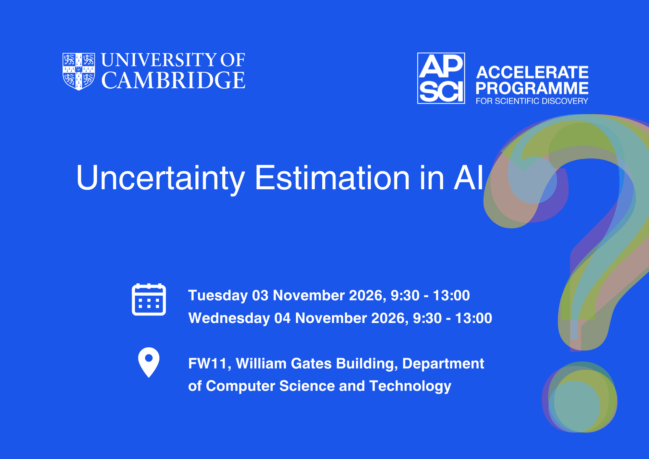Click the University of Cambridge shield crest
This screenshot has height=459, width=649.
79,71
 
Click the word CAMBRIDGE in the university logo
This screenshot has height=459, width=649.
173,80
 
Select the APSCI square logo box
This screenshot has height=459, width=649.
441,78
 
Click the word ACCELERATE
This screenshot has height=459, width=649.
532,72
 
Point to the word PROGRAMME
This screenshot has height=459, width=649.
532,88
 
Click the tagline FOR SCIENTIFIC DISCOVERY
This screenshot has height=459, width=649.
532,101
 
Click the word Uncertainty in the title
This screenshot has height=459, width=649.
161,179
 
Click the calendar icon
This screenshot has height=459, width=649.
149,299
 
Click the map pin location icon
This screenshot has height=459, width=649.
149,363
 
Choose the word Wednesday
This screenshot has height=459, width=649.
229,318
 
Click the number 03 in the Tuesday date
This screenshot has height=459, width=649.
261,295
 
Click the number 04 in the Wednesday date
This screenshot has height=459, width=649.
283,318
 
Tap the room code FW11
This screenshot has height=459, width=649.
208,364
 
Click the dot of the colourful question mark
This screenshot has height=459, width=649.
580,397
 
